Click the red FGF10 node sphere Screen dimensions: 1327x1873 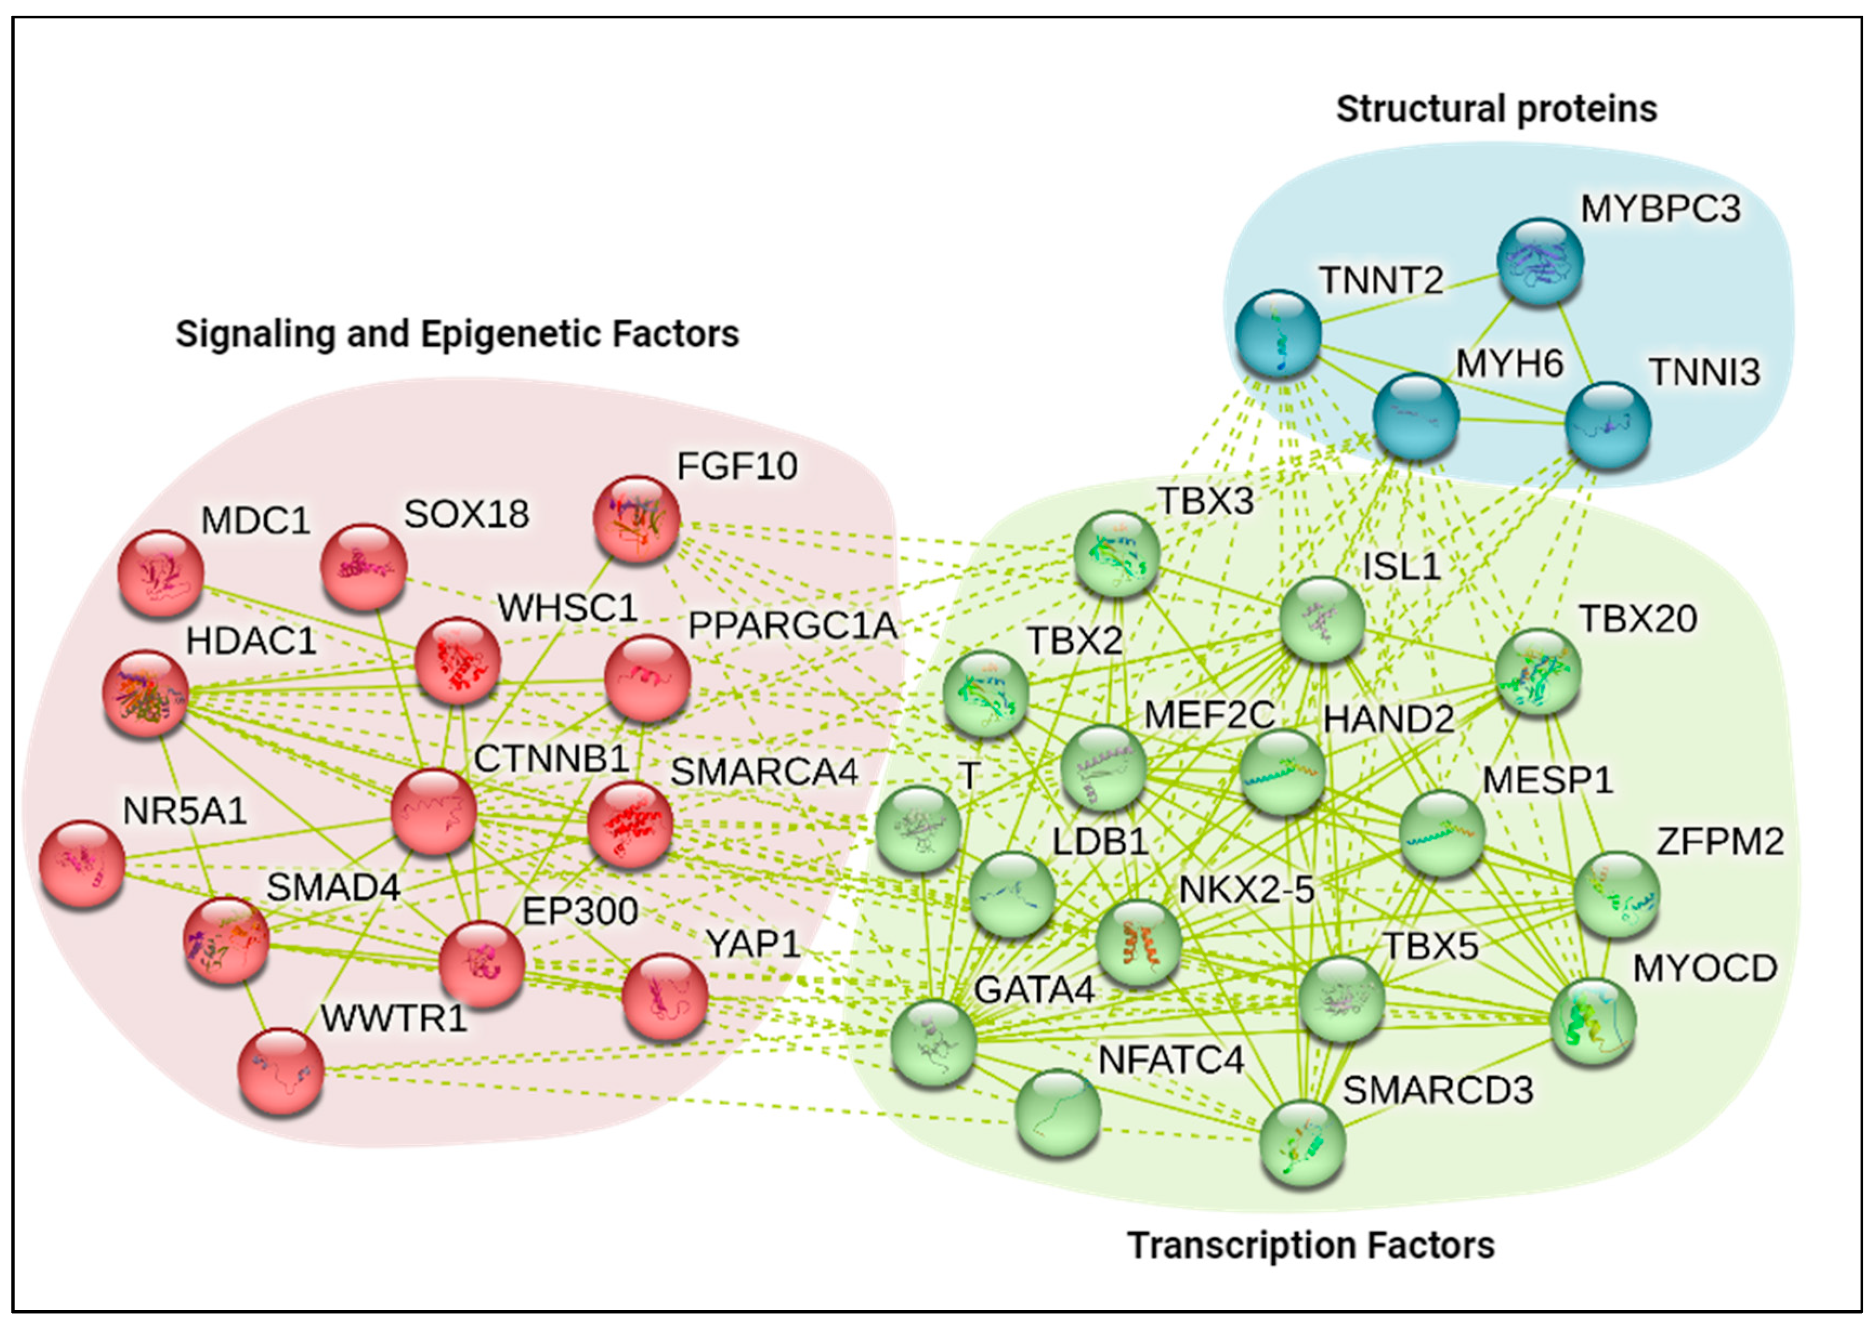(x=636, y=519)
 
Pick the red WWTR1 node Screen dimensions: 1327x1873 (x=280, y=1070)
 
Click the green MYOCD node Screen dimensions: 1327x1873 (x=1592, y=1021)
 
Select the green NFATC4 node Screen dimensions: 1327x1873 (x=1057, y=1111)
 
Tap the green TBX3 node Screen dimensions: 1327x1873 (x=1116, y=553)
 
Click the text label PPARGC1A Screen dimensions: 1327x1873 (x=792, y=626)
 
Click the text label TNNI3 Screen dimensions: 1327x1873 (x=1704, y=372)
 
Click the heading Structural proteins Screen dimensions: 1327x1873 (x=1496, y=109)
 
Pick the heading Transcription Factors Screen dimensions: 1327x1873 (x=1310, y=1245)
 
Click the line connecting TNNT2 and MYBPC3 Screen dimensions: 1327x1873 (x=1409, y=298)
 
